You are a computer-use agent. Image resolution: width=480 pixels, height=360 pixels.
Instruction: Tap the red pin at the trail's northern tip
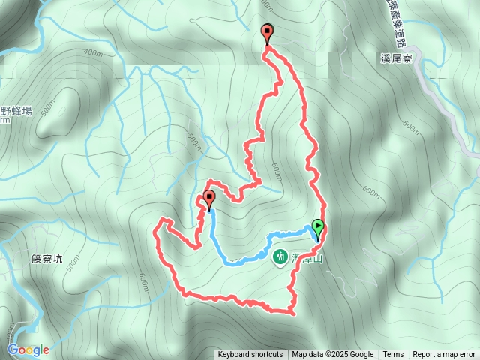[267, 33]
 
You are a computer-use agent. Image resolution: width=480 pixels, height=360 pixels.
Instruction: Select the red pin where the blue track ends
[208, 199]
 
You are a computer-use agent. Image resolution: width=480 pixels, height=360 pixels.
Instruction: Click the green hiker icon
[280, 256]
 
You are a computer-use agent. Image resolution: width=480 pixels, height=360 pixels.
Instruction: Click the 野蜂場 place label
[16, 111]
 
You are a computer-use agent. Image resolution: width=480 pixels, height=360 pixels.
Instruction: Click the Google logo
[28, 349]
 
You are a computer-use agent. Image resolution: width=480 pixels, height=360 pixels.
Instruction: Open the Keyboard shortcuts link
[250, 355]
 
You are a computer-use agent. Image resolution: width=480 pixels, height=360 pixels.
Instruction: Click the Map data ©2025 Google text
[332, 355]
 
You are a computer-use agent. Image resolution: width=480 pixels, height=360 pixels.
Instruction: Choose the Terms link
[393, 355]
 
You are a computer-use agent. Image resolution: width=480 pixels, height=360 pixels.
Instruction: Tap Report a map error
[444, 355]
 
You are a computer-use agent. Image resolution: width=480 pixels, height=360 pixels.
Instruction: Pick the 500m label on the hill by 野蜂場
[50, 109]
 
